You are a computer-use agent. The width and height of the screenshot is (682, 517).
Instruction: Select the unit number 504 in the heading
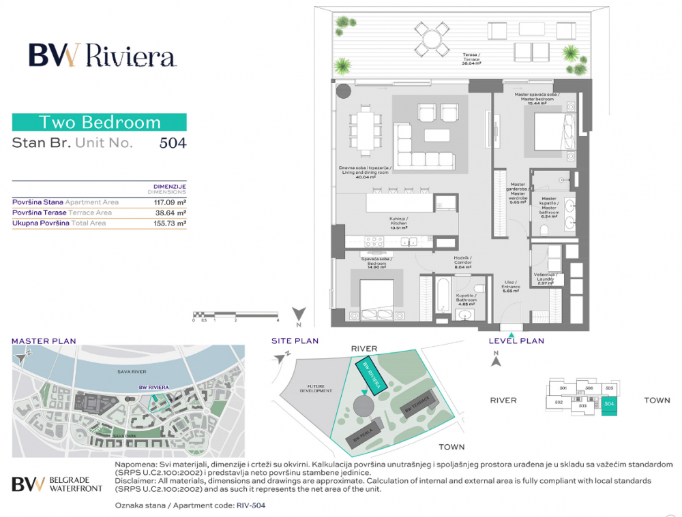tap(173, 143)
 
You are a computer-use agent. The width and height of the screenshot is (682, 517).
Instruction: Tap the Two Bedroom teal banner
tap(100, 123)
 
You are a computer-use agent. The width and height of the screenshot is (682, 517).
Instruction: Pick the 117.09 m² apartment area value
tap(171, 202)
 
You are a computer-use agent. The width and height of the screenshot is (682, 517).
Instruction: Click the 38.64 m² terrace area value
tap(171, 213)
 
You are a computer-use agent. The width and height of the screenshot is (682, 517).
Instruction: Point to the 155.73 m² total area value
tap(171, 223)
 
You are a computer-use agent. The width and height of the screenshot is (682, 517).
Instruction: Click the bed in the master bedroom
tap(553, 129)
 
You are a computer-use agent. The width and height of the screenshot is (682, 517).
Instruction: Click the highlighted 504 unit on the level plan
tap(609, 404)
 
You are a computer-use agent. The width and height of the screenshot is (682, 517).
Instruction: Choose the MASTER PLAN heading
tap(44, 341)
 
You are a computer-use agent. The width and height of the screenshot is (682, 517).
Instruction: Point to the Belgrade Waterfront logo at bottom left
tap(57, 484)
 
